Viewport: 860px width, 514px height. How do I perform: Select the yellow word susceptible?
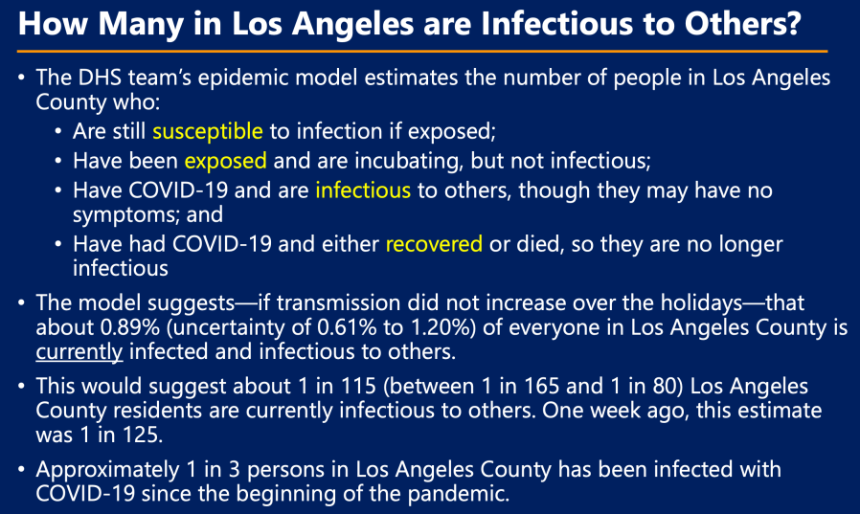pyautogui.click(x=207, y=132)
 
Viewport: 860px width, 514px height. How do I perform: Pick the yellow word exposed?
pyautogui.click(x=225, y=162)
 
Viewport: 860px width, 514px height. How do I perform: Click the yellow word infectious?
pyautogui.click(x=363, y=190)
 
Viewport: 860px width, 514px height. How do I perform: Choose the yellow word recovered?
pyautogui.click(x=434, y=244)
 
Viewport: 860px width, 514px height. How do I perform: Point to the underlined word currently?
pyautogui.click(x=79, y=352)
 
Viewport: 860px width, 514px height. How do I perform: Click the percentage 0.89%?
pyautogui.click(x=130, y=327)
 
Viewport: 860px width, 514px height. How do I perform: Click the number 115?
pyautogui.click(x=358, y=387)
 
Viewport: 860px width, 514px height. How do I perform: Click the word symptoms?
pyautogui.click(x=127, y=215)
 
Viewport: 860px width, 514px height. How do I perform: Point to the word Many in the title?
pyautogui.click(x=141, y=25)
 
